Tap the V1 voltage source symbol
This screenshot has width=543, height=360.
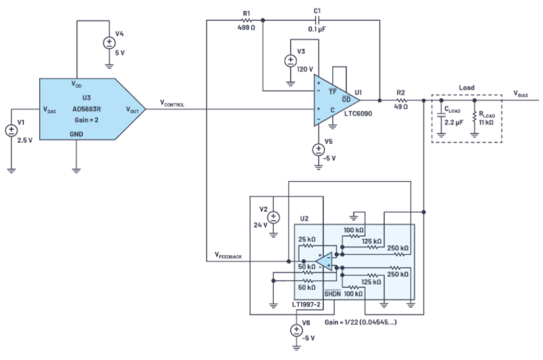click(11, 131)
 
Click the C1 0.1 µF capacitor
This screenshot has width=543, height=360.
click(317, 20)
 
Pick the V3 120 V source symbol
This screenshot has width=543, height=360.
click(290, 60)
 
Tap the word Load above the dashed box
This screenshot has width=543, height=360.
click(466, 89)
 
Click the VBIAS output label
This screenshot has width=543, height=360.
click(525, 93)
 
